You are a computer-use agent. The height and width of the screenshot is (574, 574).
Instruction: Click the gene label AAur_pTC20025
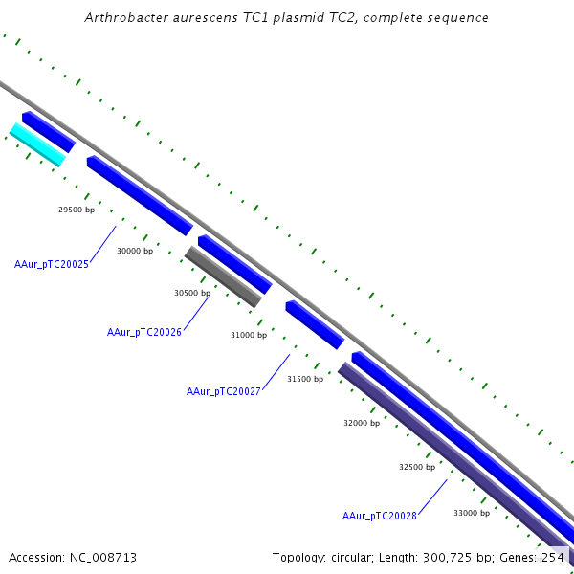click(52, 264)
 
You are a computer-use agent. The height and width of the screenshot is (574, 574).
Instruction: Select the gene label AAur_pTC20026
click(144, 332)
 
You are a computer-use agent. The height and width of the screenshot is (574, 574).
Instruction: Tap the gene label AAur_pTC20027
click(224, 391)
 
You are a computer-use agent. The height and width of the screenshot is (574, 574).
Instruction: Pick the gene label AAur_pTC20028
click(380, 516)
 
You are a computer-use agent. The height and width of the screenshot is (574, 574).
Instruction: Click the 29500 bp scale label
click(77, 210)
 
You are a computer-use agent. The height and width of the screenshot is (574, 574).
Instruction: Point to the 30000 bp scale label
click(135, 251)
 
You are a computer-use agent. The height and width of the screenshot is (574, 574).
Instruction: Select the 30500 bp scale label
click(192, 293)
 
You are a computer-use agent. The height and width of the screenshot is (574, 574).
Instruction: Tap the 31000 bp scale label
click(249, 335)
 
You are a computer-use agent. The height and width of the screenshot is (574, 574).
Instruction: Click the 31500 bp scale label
click(305, 379)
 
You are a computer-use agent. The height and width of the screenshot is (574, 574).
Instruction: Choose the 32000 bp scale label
click(362, 423)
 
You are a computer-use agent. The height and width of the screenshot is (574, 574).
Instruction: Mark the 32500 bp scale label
click(417, 467)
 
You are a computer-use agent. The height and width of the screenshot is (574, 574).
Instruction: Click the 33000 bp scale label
click(472, 513)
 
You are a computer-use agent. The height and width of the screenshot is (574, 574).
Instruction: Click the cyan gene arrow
click(37, 144)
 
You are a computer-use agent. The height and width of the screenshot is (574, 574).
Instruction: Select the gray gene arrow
click(223, 277)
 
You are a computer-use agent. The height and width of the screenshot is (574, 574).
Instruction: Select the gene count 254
click(553, 557)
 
